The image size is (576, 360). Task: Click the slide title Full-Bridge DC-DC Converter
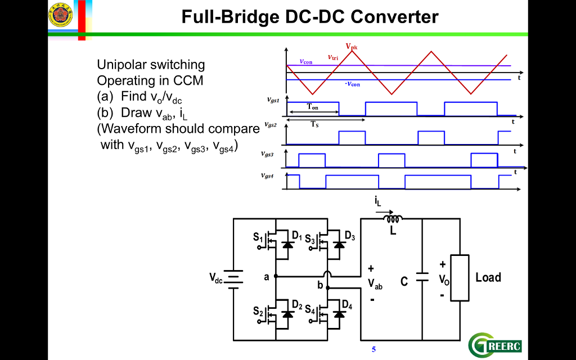point(310,17)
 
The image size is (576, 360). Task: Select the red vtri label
point(333,57)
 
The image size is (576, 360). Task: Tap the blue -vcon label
point(352,84)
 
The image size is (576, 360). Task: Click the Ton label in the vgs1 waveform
point(312,107)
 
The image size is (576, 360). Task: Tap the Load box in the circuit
point(460,277)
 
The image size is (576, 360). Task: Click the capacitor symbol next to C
point(422,277)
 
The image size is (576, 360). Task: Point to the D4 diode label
point(347,306)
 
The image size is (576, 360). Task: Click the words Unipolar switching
point(151,65)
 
